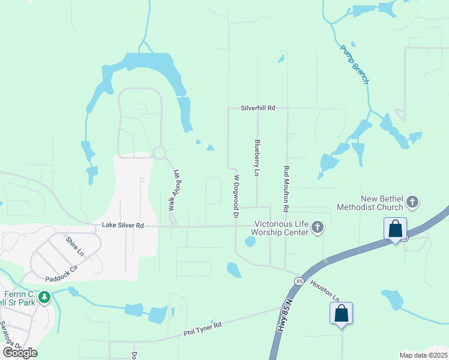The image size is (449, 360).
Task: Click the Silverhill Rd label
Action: tap(258, 108)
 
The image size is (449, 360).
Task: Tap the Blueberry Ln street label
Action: tap(257, 158)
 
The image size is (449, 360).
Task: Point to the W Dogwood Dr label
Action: tap(237, 196)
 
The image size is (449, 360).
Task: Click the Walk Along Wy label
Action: tap(174, 190)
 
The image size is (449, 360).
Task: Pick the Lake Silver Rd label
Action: tap(123, 226)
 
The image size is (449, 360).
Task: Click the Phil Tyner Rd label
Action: tap(203, 328)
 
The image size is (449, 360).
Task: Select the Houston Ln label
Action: tap(325, 290)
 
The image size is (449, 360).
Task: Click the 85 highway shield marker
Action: tap(299, 281)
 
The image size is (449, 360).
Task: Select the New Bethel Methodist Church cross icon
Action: tap(412, 202)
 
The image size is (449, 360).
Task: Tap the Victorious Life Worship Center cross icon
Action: tap(318, 227)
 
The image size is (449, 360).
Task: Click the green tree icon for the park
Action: tap(44, 297)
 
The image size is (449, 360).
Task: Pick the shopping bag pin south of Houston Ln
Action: tap(341, 313)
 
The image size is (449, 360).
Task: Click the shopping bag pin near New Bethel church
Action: tap(395, 229)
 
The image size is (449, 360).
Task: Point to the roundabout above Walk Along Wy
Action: tap(159, 153)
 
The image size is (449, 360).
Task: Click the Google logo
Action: tap(20, 353)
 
